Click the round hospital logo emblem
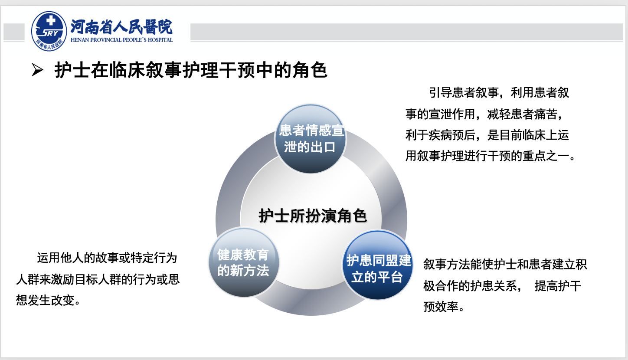(x=49, y=31)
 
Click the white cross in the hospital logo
(x=51, y=20)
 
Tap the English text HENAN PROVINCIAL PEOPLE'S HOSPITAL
(x=122, y=40)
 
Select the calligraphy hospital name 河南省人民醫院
(x=121, y=27)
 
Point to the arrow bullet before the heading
(x=37, y=70)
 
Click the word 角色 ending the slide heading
(x=310, y=70)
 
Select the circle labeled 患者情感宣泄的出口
(x=311, y=139)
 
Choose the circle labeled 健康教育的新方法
(x=244, y=262)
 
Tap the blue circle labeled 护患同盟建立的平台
(x=378, y=265)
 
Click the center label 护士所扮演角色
(x=313, y=216)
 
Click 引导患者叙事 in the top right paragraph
(x=464, y=92)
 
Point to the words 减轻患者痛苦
(x=522, y=114)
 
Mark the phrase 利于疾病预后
(x=440, y=135)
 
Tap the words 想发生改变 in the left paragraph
(x=45, y=300)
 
